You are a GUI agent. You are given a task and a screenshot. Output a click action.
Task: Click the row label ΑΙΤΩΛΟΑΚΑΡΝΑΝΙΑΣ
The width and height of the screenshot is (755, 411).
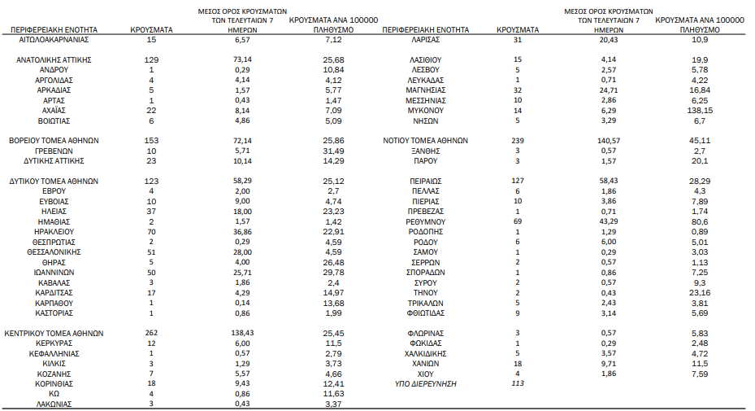pyautogui.click(x=54, y=39)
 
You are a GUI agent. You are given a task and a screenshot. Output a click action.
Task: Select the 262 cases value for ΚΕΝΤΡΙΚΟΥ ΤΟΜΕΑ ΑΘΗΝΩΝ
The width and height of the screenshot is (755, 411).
pyautogui.click(x=151, y=333)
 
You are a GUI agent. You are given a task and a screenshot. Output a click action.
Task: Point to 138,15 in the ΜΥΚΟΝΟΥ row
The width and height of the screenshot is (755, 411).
pyautogui.click(x=700, y=110)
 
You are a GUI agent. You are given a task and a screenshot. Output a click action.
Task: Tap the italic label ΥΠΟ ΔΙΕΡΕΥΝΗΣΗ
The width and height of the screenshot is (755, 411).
pyautogui.click(x=425, y=383)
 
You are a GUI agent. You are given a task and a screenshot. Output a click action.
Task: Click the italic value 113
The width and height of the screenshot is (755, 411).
pyautogui.click(x=517, y=383)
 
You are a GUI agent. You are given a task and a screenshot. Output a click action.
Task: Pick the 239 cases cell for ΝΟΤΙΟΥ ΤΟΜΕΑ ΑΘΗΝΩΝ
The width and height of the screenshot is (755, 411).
pyautogui.click(x=517, y=140)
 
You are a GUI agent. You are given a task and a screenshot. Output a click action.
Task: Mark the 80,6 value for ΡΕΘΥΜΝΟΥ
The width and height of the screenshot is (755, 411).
pyautogui.click(x=700, y=221)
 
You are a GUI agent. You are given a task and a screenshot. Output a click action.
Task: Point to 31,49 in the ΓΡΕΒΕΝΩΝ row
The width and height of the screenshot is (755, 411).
pyautogui.click(x=334, y=151)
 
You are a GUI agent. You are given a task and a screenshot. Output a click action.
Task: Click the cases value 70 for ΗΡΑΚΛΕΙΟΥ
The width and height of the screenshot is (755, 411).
pyautogui.click(x=151, y=232)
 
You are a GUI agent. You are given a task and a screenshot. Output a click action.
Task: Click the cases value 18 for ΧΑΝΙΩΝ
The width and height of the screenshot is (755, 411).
pyautogui.click(x=517, y=363)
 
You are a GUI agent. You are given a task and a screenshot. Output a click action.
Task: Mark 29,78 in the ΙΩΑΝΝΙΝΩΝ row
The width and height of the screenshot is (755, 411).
pyautogui.click(x=334, y=272)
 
